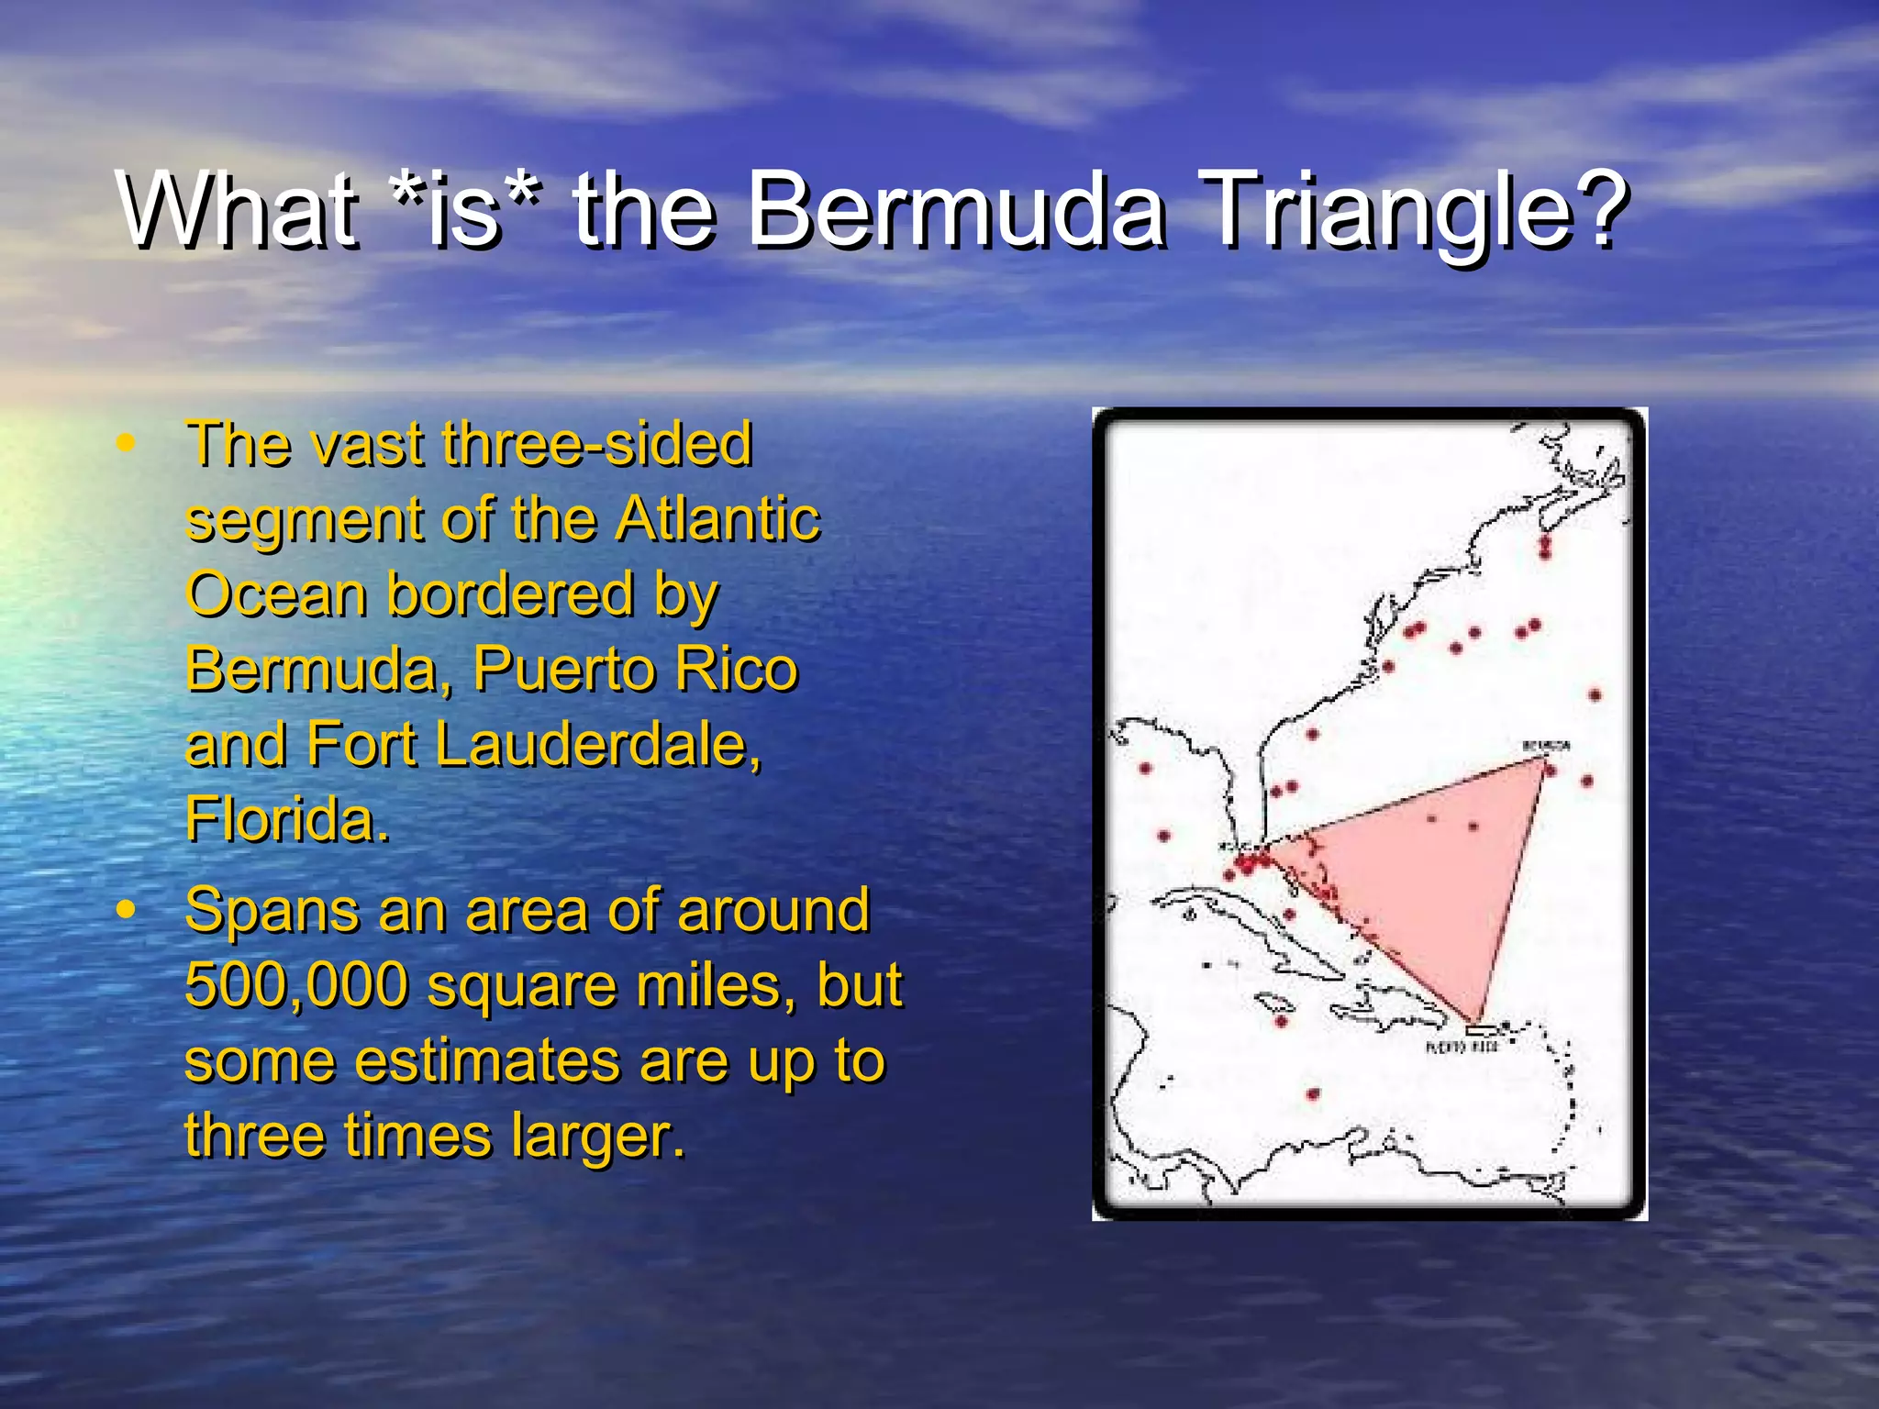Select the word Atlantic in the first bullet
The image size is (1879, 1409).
tap(717, 519)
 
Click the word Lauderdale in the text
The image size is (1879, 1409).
tap(598, 744)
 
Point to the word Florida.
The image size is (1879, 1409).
tap(287, 819)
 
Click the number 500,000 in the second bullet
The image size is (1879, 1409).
tap(295, 985)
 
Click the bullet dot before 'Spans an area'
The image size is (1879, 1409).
tap(126, 911)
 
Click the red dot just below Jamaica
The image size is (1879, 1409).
tap(1282, 1021)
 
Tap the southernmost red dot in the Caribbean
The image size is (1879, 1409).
tap(1313, 1094)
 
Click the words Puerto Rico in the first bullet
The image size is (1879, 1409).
tap(635, 669)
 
